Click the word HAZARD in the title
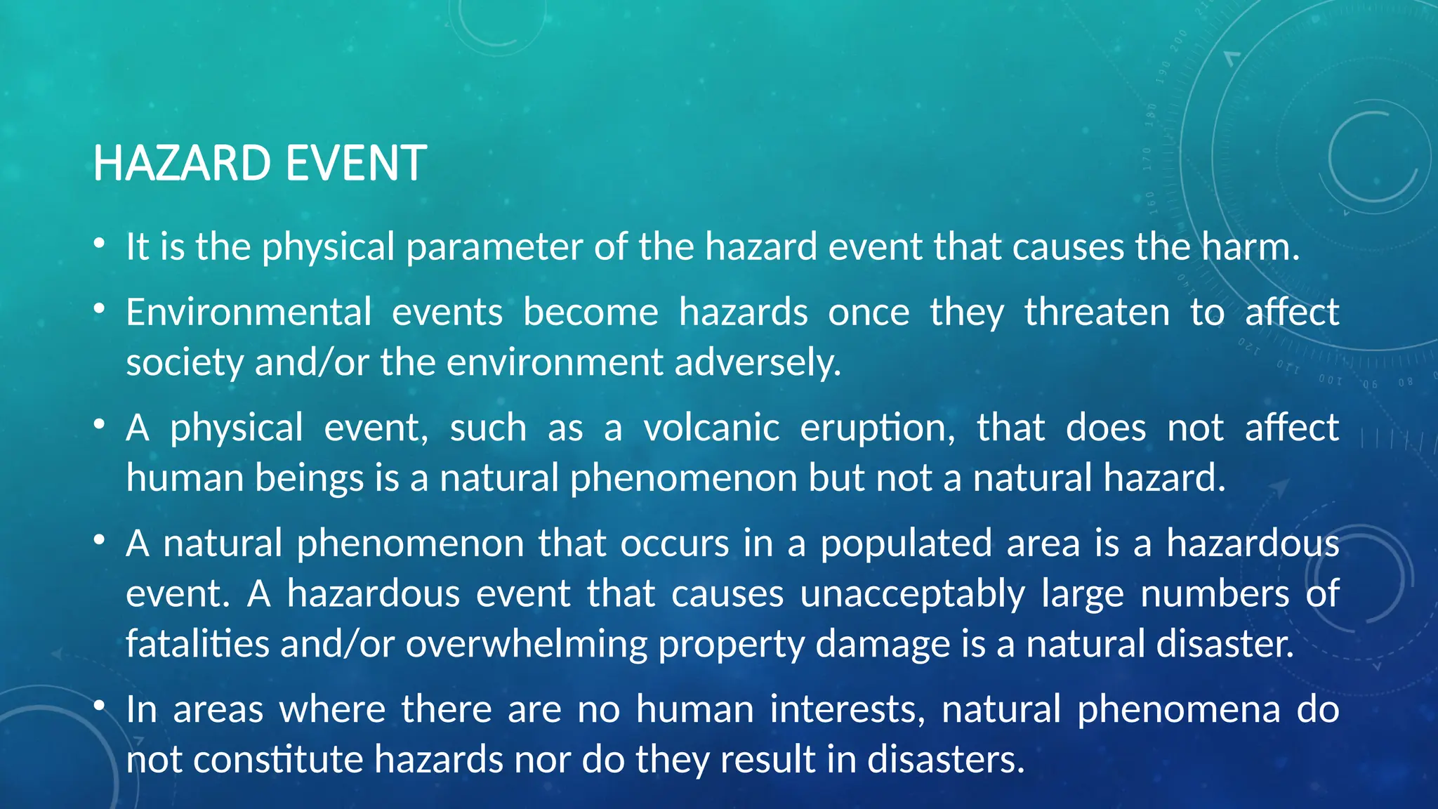point(182,163)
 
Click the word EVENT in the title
point(356,163)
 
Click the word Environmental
point(249,312)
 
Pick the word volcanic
point(711,428)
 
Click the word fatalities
point(197,644)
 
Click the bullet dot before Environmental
point(100,309)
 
